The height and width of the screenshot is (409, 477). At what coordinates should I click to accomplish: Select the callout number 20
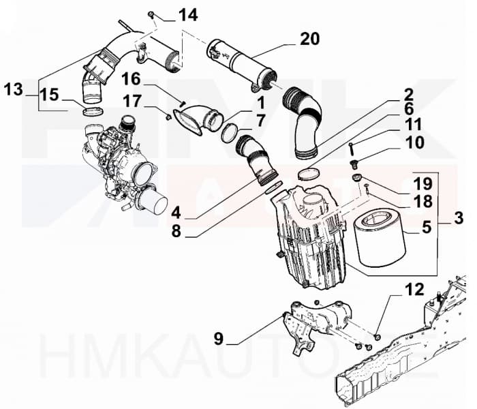point(309,39)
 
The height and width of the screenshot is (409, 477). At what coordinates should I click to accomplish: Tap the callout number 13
point(13,89)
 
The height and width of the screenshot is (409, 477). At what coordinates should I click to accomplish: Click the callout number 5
point(426,226)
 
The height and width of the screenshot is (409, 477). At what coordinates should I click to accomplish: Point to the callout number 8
point(176,231)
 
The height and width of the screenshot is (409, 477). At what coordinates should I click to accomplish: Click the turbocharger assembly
point(123,160)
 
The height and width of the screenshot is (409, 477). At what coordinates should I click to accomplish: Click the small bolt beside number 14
point(151,14)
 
